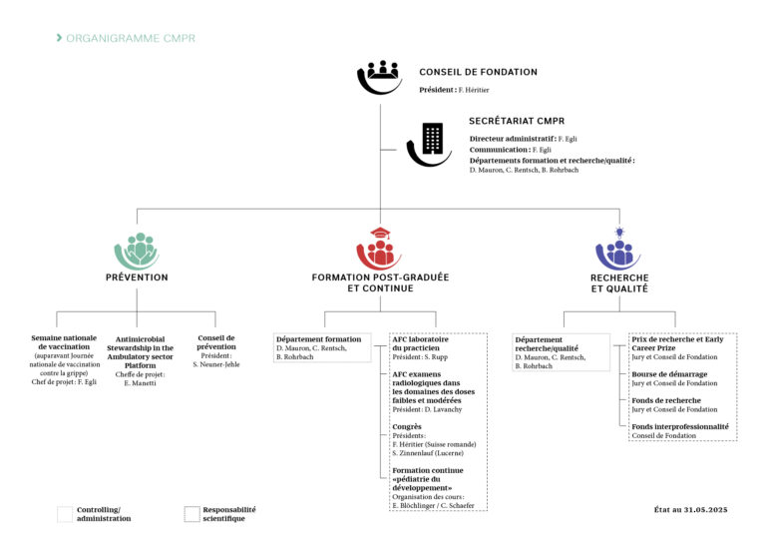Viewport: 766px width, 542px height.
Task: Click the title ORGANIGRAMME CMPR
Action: coord(131,38)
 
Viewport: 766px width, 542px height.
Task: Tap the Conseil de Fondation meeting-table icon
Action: coord(380,77)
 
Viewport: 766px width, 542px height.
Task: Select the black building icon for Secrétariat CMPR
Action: coord(430,144)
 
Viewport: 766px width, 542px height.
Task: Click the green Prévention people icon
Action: coord(137,252)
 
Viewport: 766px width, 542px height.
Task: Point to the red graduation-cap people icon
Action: coord(379,248)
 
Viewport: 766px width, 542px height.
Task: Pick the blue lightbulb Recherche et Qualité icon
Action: coord(618,249)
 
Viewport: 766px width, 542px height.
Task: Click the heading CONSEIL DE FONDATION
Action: coord(479,72)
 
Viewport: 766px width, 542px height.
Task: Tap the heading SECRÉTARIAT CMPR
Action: coord(517,121)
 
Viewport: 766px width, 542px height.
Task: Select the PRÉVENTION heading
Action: coord(137,277)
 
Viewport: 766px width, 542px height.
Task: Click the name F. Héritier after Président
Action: coord(474,90)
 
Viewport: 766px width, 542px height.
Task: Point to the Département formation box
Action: coord(322,347)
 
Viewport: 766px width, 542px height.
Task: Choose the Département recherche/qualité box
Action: coord(561,352)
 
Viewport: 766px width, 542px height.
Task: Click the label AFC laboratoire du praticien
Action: coord(420,343)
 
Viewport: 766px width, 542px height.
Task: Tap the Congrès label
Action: coord(407,426)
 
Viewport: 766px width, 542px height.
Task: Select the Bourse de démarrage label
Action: coord(669,374)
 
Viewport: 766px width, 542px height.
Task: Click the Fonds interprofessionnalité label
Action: coord(680,426)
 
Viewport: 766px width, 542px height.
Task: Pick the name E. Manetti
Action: coord(141,383)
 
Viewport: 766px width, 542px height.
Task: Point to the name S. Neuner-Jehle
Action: coord(216,364)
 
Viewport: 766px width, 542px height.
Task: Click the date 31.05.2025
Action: coord(705,510)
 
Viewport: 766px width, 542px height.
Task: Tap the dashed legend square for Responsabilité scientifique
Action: coord(191,514)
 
